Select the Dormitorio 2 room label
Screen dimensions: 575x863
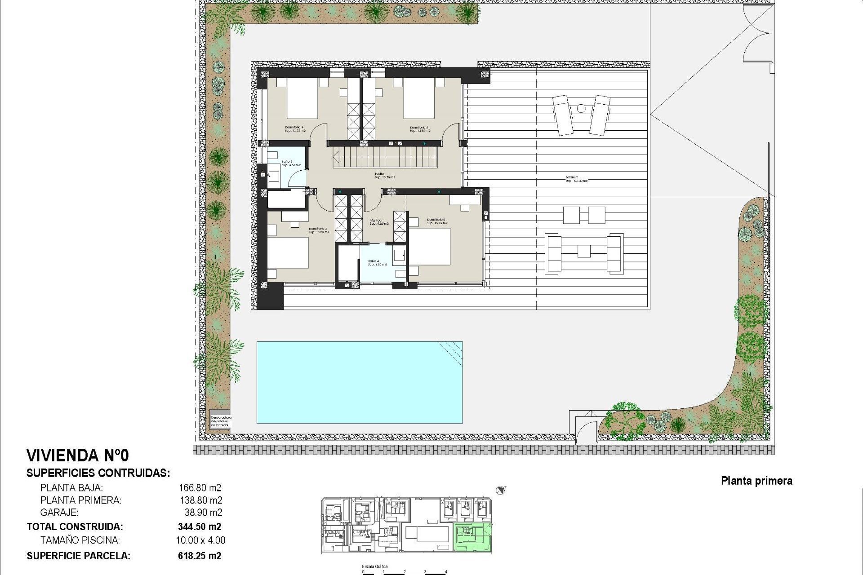tap(437, 221)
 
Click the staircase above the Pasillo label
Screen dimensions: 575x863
tap(385, 158)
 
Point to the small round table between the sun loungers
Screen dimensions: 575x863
tap(581, 108)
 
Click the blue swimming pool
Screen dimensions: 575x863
tap(359, 382)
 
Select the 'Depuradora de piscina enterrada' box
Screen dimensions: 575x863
tap(220, 421)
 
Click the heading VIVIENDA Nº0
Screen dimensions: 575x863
tap(78, 456)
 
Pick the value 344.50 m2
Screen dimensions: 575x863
tap(200, 526)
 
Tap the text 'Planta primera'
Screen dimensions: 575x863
tap(756, 481)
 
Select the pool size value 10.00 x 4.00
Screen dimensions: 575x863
tap(200, 540)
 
